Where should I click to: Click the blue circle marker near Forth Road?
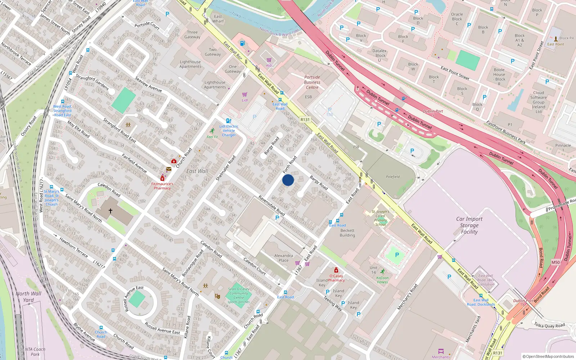(x=288, y=180)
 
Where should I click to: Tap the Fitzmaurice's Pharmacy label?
(x=162, y=186)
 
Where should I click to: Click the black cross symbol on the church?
(x=111, y=211)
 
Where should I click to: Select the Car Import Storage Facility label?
(x=469, y=225)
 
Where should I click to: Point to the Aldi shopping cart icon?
(x=269, y=60)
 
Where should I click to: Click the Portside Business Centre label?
(x=312, y=82)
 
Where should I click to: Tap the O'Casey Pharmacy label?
(x=336, y=278)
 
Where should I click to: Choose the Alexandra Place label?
(x=284, y=258)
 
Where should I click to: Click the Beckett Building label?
(x=347, y=233)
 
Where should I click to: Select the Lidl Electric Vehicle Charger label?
(x=229, y=131)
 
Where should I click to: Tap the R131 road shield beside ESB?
(x=305, y=120)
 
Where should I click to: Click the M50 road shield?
(x=555, y=262)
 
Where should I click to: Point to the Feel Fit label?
(x=212, y=137)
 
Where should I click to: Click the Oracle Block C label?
(x=457, y=19)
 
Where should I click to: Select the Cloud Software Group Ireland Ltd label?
(x=539, y=102)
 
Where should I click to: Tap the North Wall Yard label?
(x=28, y=297)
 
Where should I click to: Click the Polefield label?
(x=393, y=177)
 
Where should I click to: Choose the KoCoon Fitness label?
(x=382, y=280)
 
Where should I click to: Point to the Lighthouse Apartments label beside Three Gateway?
(x=190, y=64)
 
